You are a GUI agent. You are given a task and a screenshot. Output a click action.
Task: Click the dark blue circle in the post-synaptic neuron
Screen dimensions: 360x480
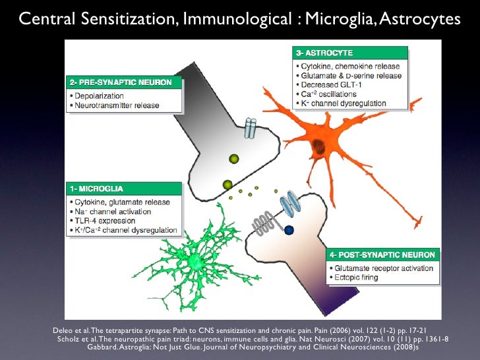288,230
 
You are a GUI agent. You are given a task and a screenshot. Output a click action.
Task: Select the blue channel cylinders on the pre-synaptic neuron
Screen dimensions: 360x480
249,128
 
